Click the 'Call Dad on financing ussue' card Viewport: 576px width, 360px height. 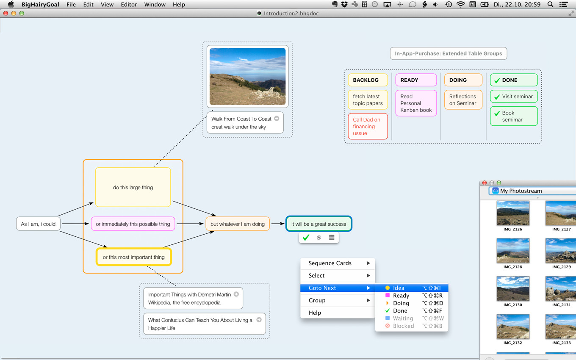coord(368,126)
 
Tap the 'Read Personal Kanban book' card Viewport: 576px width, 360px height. coord(416,103)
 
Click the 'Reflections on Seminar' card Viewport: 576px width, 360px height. coord(463,100)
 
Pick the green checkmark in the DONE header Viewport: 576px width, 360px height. coord(497,80)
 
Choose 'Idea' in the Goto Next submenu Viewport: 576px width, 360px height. coord(399,288)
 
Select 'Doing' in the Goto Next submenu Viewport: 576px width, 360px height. coord(401,303)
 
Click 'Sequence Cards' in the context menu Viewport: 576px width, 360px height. coord(330,263)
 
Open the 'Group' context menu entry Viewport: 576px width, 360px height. coord(317,300)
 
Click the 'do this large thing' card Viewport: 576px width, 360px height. coord(133,187)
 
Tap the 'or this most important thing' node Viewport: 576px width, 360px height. coord(133,257)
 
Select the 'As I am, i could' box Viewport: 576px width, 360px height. coord(38,224)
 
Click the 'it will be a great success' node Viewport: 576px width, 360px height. coord(318,224)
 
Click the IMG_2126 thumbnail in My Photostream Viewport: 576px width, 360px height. coord(512,213)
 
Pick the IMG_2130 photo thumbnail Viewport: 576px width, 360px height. coord(512,289)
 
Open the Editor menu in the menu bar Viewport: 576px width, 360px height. coord(129,5)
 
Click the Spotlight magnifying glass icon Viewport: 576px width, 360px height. coord(550,5)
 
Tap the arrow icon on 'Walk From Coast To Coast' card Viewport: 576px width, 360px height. coord(277,119)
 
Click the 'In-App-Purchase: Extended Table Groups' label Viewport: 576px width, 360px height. coord(448,53)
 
